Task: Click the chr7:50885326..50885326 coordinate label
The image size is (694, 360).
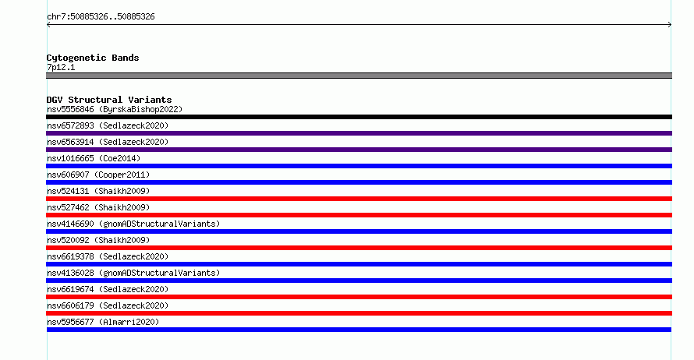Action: click(x=101, y=17)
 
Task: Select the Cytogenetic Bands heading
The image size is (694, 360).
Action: click(x=93, y=58)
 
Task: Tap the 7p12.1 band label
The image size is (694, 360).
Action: click(x=61, y=67)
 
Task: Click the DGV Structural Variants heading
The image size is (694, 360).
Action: click(x=109, y=100)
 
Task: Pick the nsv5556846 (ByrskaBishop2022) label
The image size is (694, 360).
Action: click(x=115, y=109)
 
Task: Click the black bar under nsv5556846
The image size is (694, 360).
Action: click(x=359, y=117)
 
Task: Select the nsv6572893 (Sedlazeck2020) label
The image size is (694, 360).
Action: click(x=108, y=125)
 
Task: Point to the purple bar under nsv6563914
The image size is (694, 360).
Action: click(x=359, y=150)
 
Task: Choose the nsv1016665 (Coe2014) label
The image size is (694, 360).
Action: click(x=94, y=158)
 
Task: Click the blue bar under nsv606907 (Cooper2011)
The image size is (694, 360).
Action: click(x=359, y=182)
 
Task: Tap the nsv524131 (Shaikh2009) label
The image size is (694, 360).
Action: click(x=98, y=191)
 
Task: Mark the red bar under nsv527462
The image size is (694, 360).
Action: click(x=359, y=215)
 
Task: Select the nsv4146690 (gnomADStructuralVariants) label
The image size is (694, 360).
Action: click(x=133, y=224)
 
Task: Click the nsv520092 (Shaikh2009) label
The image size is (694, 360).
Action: click(x=98, y=240)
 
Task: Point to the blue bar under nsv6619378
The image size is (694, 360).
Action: click(x=359, y=264)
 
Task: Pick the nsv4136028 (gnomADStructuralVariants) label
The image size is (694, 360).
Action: click(x=133, y=273)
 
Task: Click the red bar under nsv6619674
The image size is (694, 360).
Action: click(x=359, y=297)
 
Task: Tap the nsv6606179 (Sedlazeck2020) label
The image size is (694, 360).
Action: click(x=108, y=305)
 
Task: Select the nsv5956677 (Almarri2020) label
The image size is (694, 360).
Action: click(x=103, y=322)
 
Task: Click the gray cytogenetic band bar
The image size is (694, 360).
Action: click(x=359, y=76)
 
